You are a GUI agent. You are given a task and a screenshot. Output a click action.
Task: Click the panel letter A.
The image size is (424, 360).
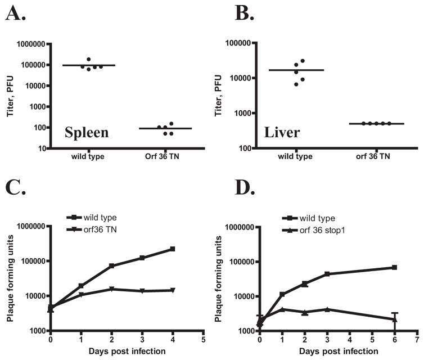click(16, 12)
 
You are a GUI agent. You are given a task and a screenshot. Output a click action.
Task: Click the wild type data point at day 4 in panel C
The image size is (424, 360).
click(173, 249)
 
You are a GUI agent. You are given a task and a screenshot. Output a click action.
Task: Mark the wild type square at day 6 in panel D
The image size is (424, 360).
click(394, 267)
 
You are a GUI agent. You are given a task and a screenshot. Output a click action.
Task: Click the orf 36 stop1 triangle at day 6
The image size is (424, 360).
click(394, 319)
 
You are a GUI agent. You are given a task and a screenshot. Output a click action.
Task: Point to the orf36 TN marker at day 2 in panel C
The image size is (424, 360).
click(112, 289)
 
